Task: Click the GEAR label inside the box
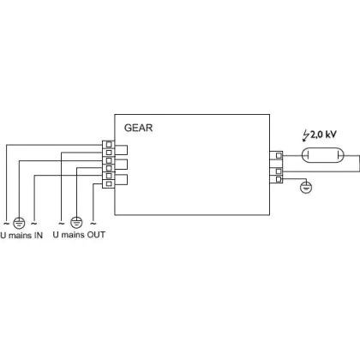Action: [x=138, y=128]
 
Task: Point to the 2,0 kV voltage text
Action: [x=323, y=135]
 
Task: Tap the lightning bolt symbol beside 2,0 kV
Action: [x=306, y=135]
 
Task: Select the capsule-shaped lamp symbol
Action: [x=323, y=155]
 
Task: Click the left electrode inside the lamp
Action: [x=308, y=155]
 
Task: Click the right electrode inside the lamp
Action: [x=338, y=155]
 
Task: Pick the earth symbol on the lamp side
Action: [x=306, y=188]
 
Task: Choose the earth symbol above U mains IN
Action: [x=19, y=222]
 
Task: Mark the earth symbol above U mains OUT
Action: [x=76, y=222]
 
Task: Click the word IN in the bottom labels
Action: [x=39, y=236]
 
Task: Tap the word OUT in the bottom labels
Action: [x=96, y=235]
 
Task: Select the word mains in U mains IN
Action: [x=20, y=236]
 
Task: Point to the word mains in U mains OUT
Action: [x=73, y=235]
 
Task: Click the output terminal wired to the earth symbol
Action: [x=279, y=179]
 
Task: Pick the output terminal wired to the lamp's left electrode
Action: [x=279, y=155]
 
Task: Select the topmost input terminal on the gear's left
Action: [x=109, y=145]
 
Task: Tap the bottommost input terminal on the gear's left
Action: [x=109, y=183]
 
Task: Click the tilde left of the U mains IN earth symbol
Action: [x=6, y=223]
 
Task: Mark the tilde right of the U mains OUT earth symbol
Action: [x=93, y=223]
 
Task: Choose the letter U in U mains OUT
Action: [x=56, y=235]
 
